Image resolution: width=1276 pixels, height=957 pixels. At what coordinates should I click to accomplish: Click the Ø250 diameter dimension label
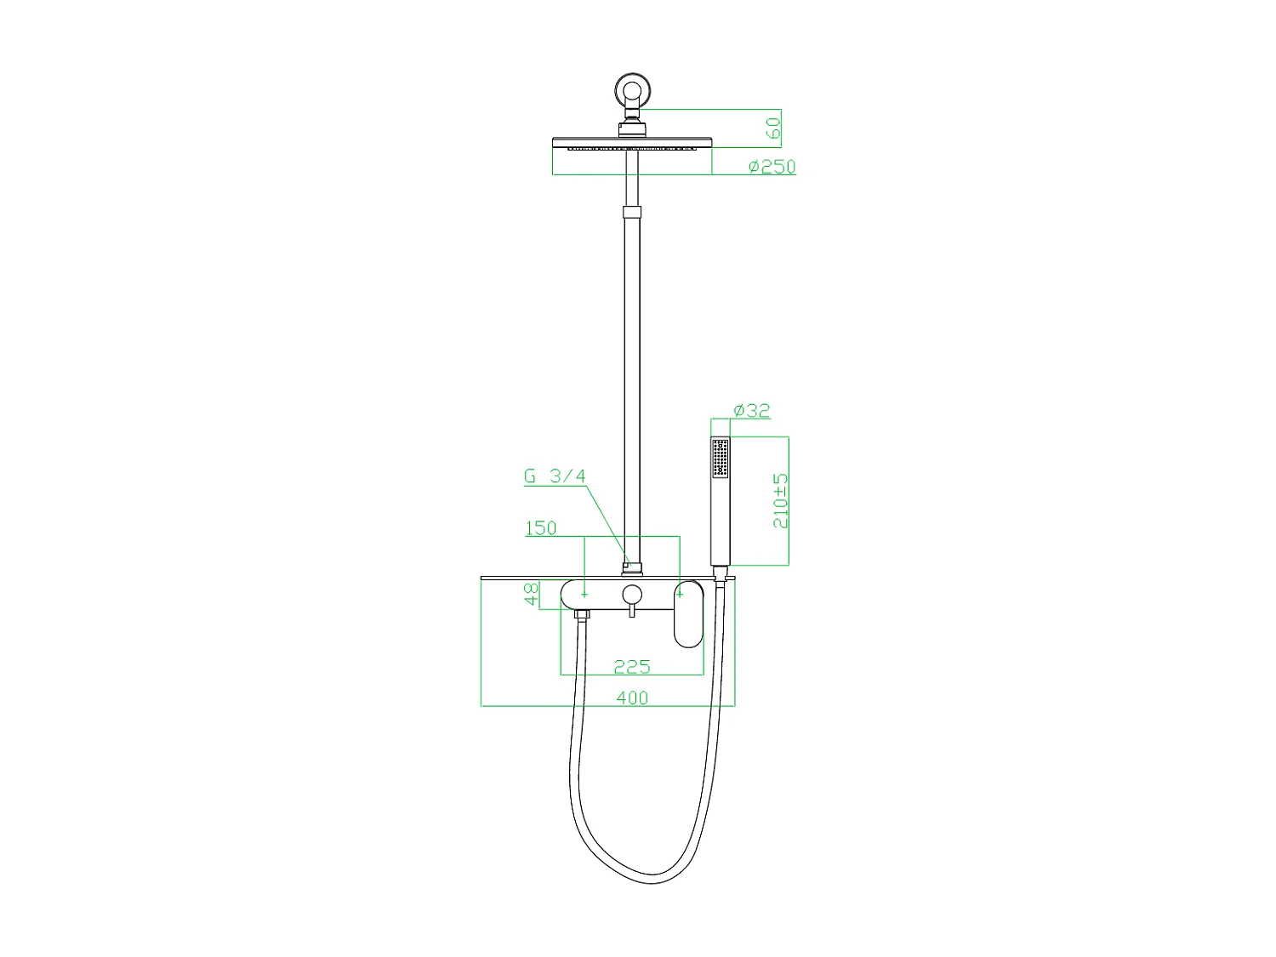click(772, 167)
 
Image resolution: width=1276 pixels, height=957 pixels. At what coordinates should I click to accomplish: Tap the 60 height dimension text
click(772, 128)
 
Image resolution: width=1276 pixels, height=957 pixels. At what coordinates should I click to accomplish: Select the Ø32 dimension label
click(751, 411)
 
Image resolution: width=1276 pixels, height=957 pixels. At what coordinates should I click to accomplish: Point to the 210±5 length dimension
click(780, 501)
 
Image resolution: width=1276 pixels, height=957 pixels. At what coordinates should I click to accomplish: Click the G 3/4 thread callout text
click(555, 476)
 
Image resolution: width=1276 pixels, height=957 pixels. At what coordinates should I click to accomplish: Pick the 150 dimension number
click(540, 528)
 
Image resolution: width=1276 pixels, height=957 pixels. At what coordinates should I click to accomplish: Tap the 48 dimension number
click(532, 594)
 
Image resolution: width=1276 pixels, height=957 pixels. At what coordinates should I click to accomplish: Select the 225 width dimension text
click(631, 666)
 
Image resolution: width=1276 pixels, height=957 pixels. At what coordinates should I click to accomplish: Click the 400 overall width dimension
click(631, 698)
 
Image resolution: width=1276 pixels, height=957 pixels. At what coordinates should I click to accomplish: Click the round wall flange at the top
click(632, 89)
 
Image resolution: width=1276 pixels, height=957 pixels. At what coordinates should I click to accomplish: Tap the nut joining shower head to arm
click(632, 129)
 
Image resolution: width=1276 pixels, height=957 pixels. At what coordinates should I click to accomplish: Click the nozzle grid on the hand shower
click(721, 458)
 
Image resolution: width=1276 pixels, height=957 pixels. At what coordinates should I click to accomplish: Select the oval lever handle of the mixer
click(688, 614)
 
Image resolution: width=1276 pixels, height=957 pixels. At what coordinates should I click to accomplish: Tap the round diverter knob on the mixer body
click(631, 594)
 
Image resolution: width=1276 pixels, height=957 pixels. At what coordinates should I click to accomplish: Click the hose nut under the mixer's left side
click(583, 613)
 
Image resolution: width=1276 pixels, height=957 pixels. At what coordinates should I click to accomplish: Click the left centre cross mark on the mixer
click(584, 594)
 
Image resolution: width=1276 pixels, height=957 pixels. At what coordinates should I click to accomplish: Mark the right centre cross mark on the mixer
click(680, 594)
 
